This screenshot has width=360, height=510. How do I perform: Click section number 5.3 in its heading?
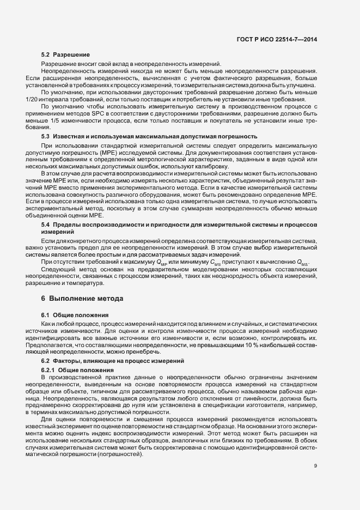pyautogui.click(x=46, y=135)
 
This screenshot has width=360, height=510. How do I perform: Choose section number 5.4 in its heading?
pyautogui.click(x=46, y=224)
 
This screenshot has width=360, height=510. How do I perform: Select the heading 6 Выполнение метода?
pyautogui.click(x=83, y=299)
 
